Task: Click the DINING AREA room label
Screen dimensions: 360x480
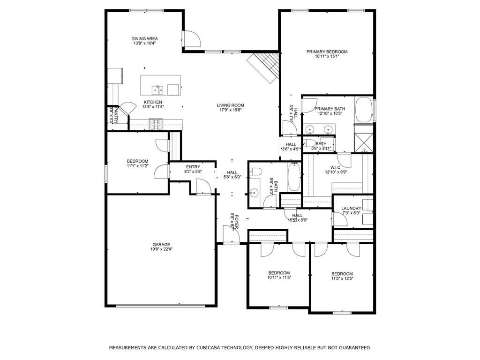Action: click(144, 38)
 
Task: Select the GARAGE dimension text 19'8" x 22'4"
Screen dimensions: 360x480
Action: click(161, 249)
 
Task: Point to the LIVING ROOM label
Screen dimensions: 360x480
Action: click(230, 105)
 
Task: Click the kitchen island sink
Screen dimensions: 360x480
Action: click(157, 89)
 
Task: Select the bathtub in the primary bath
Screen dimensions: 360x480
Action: click(364, 110)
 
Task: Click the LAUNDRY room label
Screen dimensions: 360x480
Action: click(351, 208)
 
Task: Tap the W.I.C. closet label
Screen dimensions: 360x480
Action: click(335, 167)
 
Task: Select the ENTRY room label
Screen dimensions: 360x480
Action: click(193, 167)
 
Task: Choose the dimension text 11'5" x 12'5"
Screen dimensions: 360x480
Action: click(342, 278)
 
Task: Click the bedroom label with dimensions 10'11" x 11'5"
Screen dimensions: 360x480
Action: click(278, 273)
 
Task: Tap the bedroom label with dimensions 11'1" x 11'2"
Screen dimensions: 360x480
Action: click(137, 161)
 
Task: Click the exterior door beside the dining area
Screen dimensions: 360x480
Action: click(191, 39)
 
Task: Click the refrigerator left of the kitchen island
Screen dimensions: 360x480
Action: click(115, 75)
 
